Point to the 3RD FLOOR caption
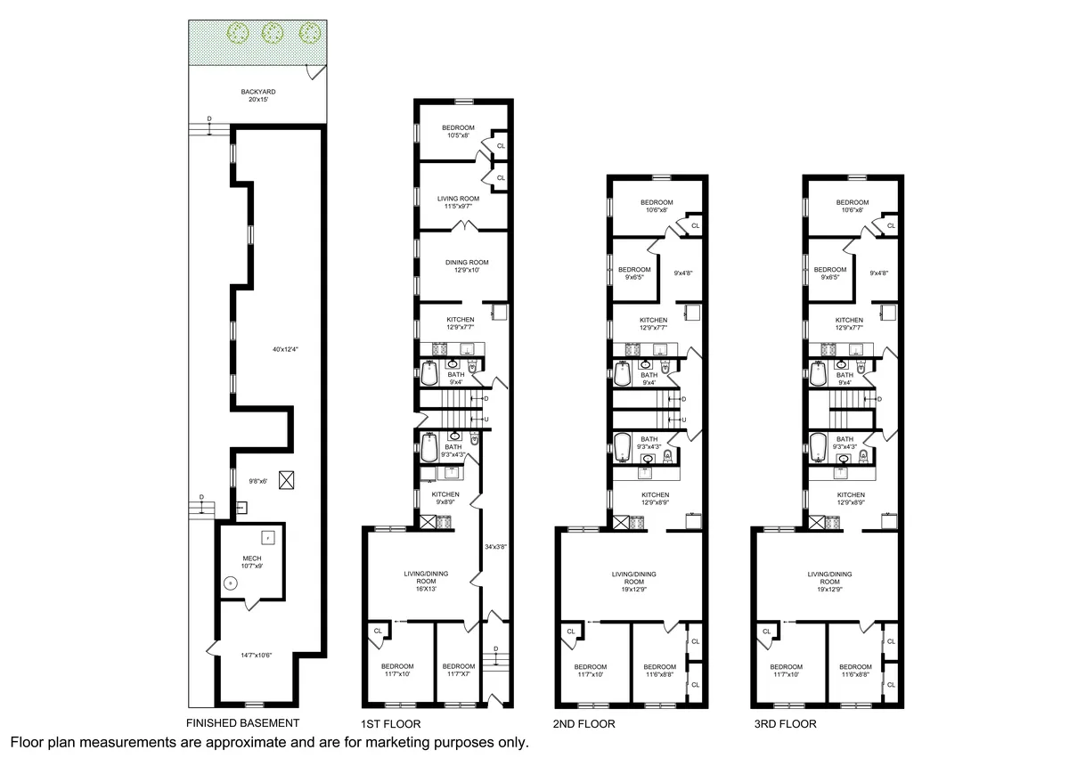tap(785, 724)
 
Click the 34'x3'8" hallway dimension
tap(492, 546)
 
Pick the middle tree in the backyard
tap(273, 34)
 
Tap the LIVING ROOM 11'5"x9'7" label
tap(459, 202)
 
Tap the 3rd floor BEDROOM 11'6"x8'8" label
tap(856, 672)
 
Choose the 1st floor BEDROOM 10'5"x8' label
tap(459, 131)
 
